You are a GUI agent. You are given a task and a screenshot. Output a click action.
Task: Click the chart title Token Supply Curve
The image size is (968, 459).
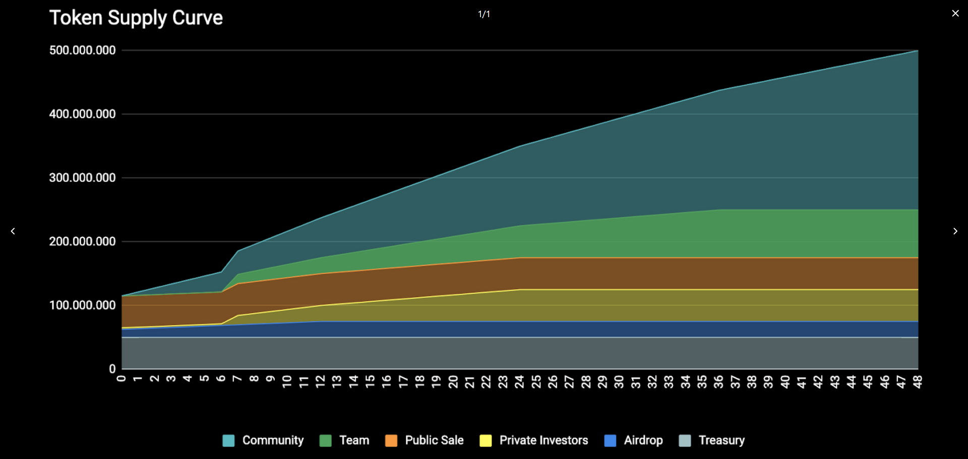[136, 18]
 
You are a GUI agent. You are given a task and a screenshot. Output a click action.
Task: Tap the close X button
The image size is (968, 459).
[955, 14]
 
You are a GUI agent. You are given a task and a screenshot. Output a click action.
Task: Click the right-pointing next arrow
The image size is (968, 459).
[955, 231]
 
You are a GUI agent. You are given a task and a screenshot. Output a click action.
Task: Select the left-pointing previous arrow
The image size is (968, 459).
[13, 231]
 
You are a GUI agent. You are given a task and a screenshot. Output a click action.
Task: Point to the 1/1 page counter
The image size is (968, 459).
[484, 14]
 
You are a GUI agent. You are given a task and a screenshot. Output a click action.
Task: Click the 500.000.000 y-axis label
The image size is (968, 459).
[83, 50]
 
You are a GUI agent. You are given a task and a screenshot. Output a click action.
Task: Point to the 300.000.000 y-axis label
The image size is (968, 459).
[83, 178]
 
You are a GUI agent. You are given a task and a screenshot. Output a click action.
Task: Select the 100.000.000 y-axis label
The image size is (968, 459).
[83, 306]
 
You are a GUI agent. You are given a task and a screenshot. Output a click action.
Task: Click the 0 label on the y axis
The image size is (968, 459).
[112, 369]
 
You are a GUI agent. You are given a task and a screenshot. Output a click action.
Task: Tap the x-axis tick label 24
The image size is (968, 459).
[519, 382]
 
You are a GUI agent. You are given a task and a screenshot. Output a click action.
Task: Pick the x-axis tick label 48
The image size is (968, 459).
[918, 382]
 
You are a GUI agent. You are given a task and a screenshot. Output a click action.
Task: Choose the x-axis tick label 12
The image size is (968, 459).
[320, 382]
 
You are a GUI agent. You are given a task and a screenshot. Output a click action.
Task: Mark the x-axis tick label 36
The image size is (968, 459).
[718, 382]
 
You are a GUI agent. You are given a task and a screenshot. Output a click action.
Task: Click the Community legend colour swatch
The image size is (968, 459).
[228, 441]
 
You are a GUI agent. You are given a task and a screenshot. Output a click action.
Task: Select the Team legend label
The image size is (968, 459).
[354, 440]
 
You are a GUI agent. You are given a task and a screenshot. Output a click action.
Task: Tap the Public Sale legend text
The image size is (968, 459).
[434, 440]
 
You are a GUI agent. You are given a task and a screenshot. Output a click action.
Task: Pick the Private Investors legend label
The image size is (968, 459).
[543, 440]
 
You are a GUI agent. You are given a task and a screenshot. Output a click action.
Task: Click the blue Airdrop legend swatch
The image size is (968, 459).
[610, 441]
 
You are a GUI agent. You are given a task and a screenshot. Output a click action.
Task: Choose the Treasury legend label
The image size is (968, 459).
[721, 440]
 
